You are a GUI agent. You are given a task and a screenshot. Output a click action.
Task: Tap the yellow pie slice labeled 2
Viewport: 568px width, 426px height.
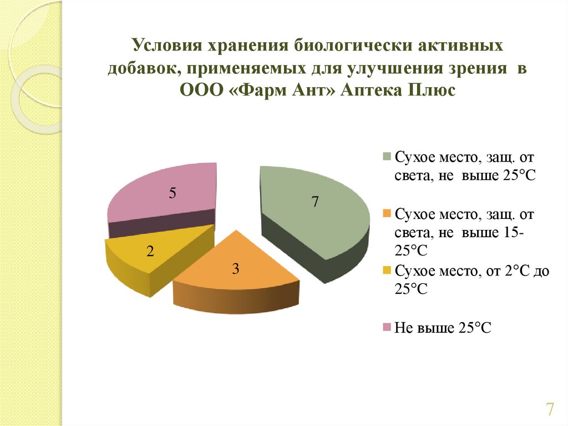coord(152,258)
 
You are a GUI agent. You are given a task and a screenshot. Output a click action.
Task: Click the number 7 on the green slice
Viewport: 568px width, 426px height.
coord(315,202)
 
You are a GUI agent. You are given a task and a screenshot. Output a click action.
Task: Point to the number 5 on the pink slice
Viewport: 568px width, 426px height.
coord(173,193)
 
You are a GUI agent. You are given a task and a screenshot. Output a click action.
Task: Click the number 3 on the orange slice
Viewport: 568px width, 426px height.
coord(235,269)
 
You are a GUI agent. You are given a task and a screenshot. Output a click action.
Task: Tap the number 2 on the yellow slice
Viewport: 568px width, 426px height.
coord(150,251)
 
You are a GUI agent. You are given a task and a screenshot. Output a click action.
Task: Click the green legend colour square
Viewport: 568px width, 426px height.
coord(387,157)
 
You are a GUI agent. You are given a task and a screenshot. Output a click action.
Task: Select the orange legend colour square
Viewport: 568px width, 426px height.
coord(387,213)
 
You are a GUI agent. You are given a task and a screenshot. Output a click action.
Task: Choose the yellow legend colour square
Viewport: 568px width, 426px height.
coord(387,270)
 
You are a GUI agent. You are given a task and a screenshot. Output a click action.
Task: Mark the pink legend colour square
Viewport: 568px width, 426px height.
coord(387,327)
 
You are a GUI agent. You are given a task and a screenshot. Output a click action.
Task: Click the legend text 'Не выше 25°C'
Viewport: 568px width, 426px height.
coord(443,328)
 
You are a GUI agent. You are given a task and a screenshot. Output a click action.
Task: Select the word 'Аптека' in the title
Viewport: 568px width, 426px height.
coord(371,91)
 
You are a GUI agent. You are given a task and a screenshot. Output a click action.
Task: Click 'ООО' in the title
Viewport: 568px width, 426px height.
coord(200,91)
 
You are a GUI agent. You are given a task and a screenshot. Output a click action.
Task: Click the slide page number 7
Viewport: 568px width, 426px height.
coord(550,409)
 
